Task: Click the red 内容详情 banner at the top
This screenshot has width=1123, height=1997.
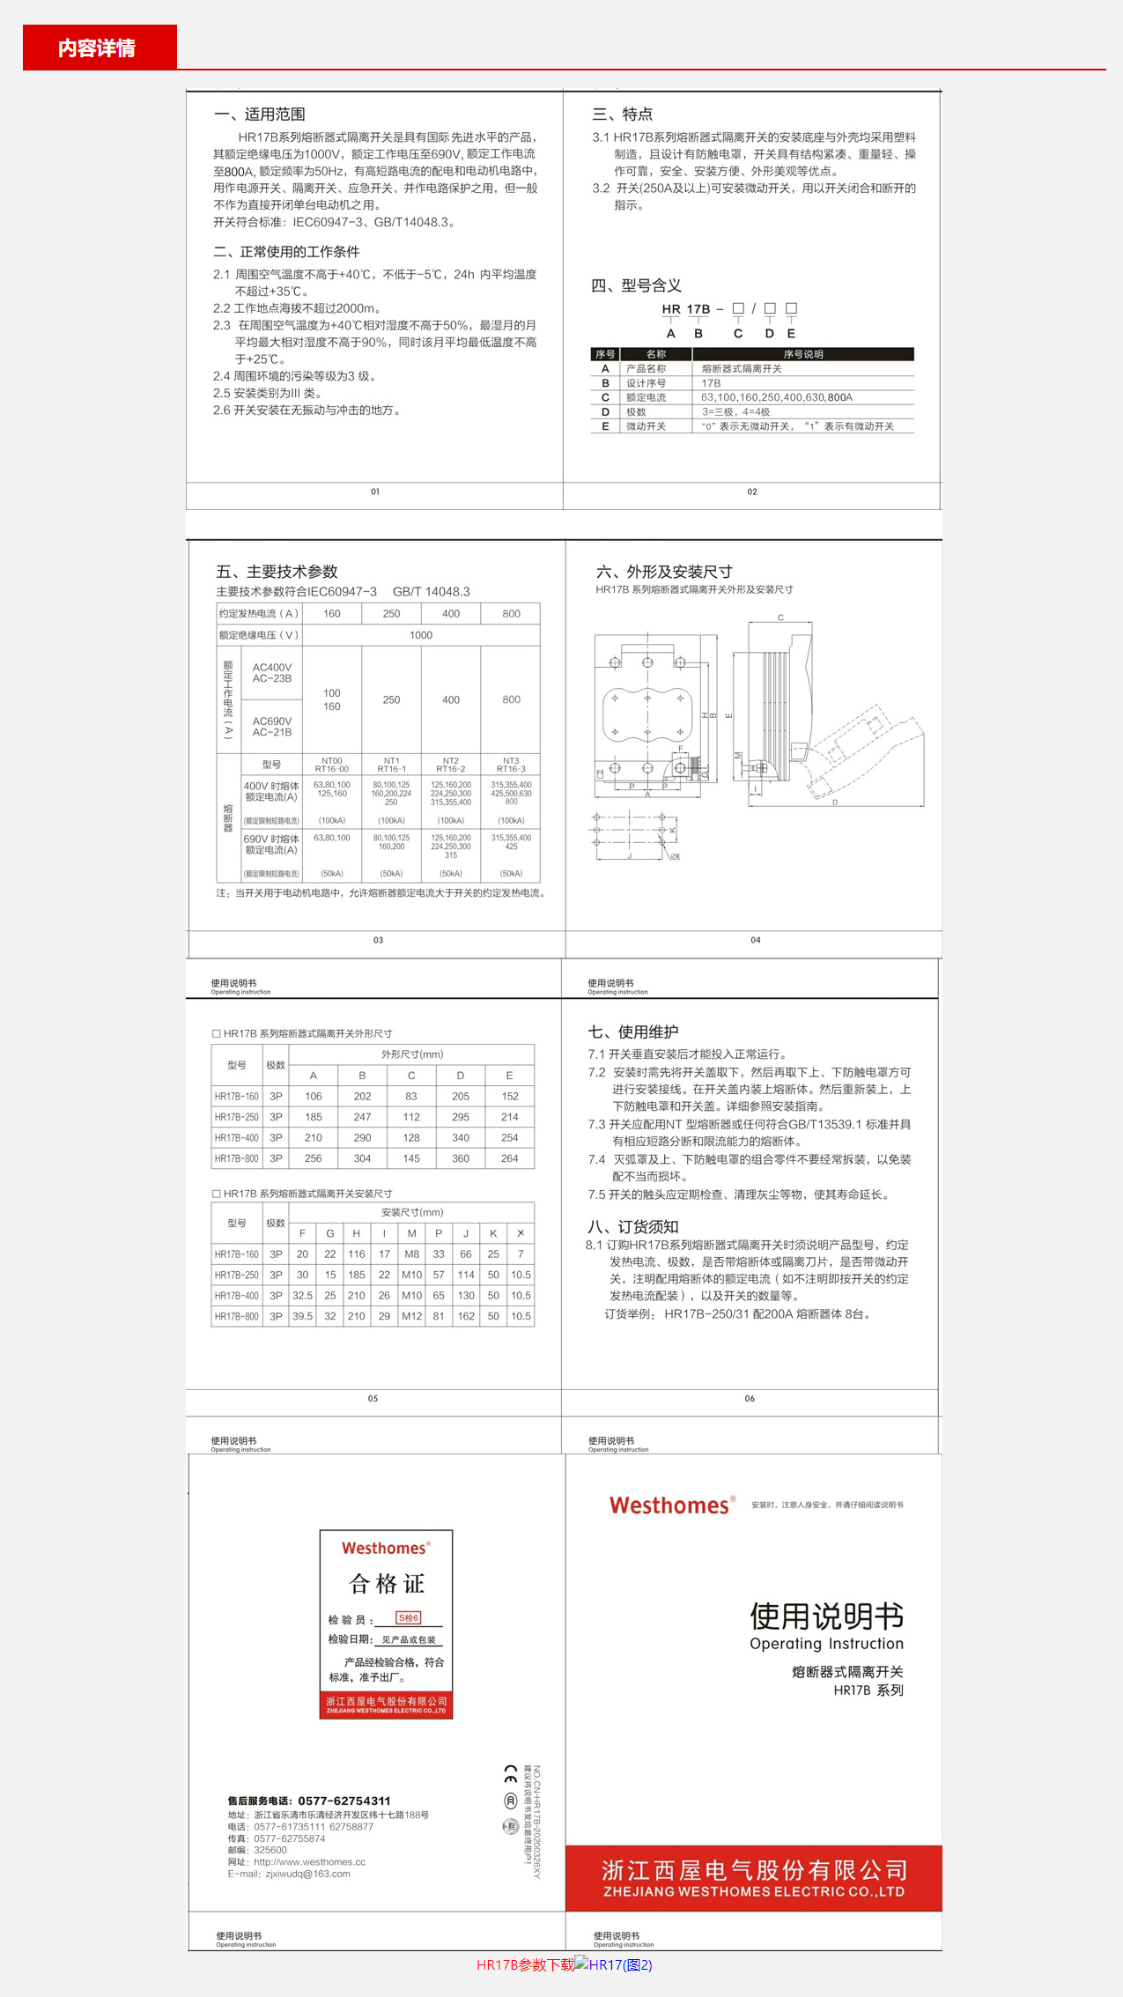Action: [99, 48]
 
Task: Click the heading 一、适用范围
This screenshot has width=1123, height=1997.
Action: [260, 115]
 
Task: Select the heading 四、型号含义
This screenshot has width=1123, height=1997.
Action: [637, 285]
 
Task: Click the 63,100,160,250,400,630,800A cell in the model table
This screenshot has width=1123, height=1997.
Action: [777, 397]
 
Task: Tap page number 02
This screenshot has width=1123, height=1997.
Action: [752, 492]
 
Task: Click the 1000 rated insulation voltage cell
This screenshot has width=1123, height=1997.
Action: [421, 635]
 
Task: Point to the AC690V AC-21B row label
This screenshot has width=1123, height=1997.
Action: [272, 727]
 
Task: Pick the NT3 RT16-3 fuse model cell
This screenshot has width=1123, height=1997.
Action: [511, 765]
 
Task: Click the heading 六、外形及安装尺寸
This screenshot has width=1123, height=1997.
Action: [664, 572]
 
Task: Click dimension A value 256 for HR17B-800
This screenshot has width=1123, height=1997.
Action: [314, 1158]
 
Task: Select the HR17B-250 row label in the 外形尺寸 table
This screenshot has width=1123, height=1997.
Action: [237, 1117]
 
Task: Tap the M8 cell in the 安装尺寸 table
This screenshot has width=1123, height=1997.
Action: [411, 1254]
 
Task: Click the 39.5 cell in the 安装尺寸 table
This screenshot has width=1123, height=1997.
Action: [302, 1316]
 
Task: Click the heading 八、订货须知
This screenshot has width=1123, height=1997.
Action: [633, 1226]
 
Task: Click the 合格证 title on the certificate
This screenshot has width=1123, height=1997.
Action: [387, 1584]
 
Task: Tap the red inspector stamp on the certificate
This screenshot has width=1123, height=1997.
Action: [409, 1617]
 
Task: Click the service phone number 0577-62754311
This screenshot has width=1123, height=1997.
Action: [344, 1801]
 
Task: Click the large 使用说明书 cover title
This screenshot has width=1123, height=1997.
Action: [826, 1616]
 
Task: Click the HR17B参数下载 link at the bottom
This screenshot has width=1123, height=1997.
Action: [525, 1964]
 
